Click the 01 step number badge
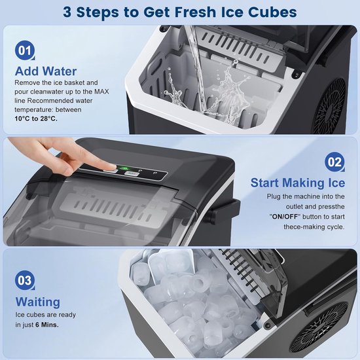click(25, 50)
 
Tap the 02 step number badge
click(334, 162)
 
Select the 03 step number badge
click(25, 280)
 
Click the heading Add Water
click(46, 71)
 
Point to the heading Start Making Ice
click(298, 183)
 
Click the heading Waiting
click(38, 302)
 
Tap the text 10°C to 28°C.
click(36, 118)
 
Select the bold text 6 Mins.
click(47, 325)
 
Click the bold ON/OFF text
click(285, 217)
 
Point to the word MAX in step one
click(101, 92)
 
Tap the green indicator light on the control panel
click(124, 168)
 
